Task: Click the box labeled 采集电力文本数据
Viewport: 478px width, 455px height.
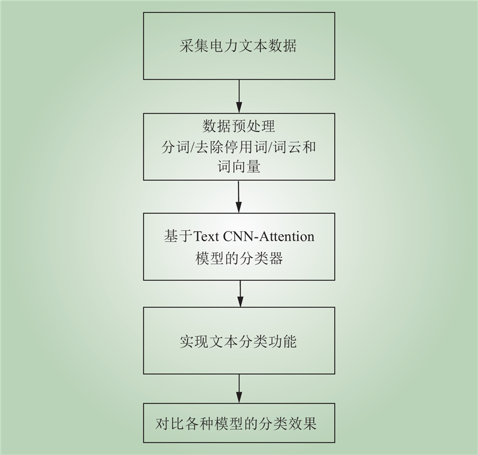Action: (x=238, y=46)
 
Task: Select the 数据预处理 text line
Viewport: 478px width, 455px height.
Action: (x=238, y=127)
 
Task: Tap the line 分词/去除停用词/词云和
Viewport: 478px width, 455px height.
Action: (x=238, y=147)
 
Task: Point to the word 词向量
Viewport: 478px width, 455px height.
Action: (x=238, y=167)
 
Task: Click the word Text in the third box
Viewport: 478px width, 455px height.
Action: (x=206, y=236)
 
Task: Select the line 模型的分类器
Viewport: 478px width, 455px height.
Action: (x=238, y=258)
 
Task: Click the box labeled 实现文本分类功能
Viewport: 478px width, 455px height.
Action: (x=238, y=342)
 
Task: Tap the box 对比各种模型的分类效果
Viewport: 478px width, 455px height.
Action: (x=238, y=423)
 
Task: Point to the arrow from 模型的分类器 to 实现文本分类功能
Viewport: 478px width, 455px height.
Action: (x=239, y=294)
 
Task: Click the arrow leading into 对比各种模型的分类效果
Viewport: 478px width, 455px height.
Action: (x=239, y=389)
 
